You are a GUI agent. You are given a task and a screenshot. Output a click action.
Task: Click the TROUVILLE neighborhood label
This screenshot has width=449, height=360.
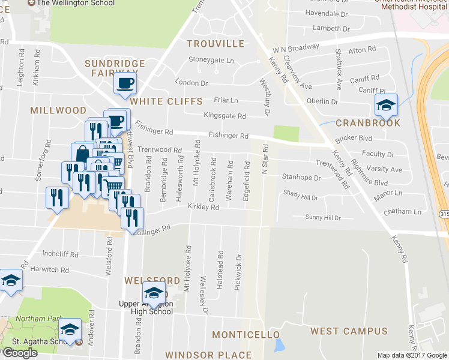point(215,44)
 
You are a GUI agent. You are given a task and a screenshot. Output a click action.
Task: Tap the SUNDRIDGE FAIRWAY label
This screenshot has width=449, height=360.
point(115,68)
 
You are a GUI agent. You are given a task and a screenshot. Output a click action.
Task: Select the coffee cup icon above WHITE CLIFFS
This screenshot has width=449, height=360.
point(125,83)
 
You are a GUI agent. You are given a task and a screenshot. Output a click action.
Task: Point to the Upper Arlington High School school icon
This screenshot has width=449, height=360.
point(154,294)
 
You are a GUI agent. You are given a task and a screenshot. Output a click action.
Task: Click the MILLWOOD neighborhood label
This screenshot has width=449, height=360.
point(58,110)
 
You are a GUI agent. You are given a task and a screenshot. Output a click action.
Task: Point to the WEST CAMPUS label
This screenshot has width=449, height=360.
point(349,331)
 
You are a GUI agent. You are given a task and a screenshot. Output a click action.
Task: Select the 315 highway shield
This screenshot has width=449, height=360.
point(444,214)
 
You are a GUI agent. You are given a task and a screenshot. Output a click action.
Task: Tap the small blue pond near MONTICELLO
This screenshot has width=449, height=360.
point(279,345)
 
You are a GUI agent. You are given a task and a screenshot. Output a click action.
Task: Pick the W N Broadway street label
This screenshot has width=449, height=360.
point(295,47)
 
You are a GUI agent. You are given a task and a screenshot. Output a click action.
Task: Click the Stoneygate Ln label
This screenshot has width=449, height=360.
point(211,60)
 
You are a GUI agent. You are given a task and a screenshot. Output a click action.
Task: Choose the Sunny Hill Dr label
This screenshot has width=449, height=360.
point(323,218)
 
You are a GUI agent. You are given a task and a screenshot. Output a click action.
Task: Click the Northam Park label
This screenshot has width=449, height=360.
point(31,318)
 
